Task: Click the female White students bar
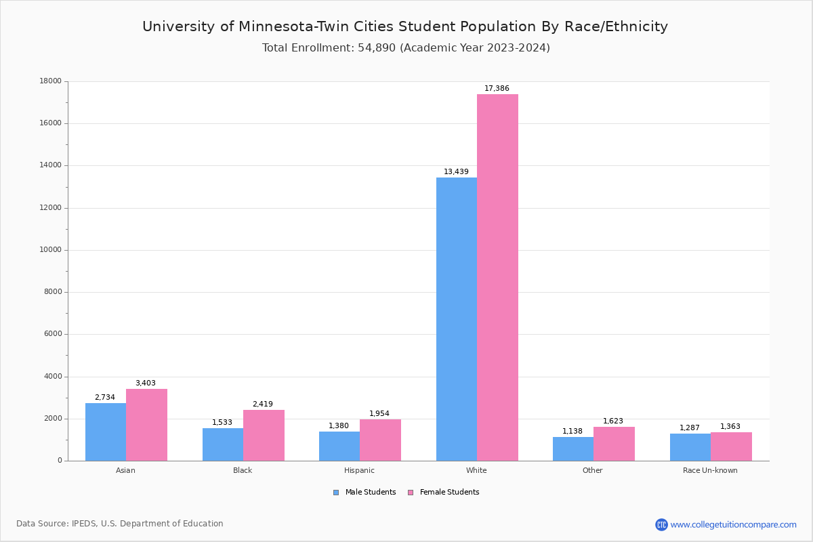(497, 278)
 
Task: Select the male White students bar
(457, 319)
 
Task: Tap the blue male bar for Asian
(106, 432)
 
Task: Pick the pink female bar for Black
(264, 436)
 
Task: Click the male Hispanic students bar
(339, 446)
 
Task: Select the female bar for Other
(614, 444)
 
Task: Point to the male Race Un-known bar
(690, 447)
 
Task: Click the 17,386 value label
(497, 89)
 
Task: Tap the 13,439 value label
(456, 172)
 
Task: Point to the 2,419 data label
(263, 404)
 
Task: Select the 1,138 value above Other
(572, 432)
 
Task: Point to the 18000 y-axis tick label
(51, 81)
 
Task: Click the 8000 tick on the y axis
(53, 292)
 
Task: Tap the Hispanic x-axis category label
(359, 470)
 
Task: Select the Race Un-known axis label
(710, 470)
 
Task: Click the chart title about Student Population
(405, 26)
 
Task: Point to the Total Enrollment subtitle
(406, 48)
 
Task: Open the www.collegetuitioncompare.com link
(733, 524)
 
